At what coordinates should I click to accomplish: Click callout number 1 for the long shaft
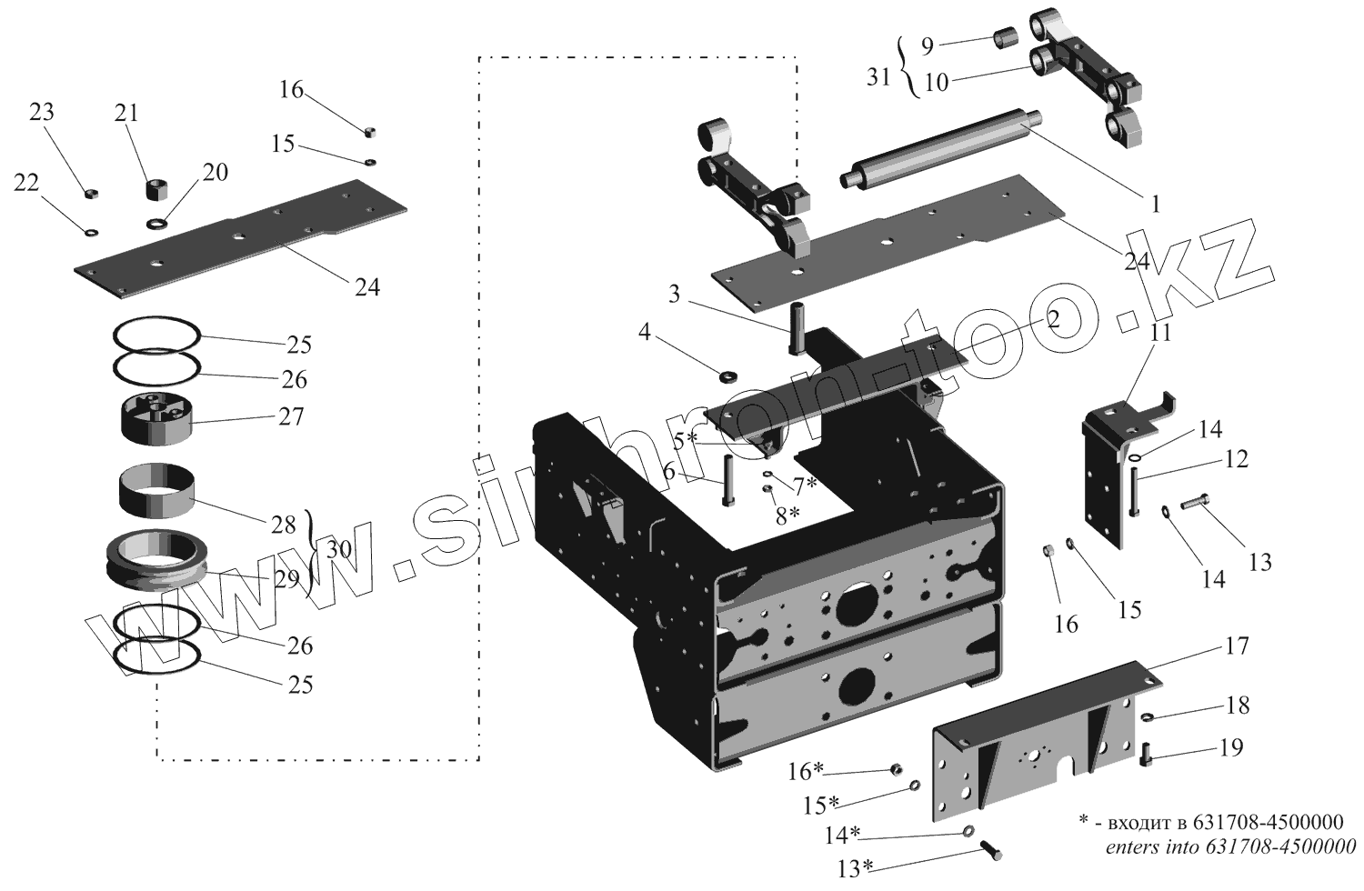(1156, 204)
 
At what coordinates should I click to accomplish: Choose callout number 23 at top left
(42, 112)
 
